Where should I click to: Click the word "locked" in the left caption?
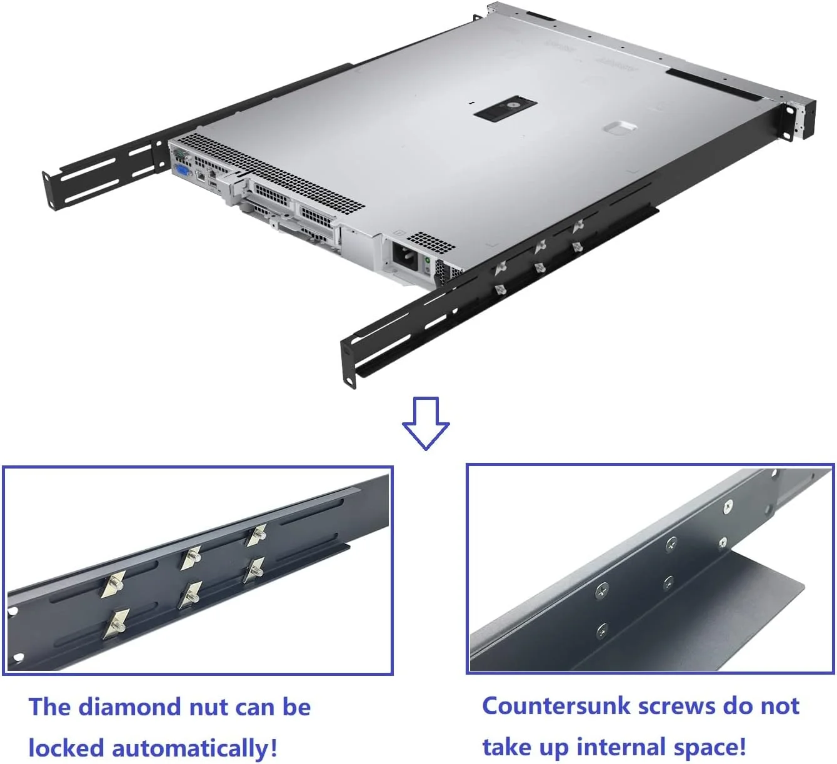(x=66, y=748)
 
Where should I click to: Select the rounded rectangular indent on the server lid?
(x=619, y=127)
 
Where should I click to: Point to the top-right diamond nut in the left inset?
(x=256, y=535)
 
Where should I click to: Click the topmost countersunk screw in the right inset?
(x=728, y=507)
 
